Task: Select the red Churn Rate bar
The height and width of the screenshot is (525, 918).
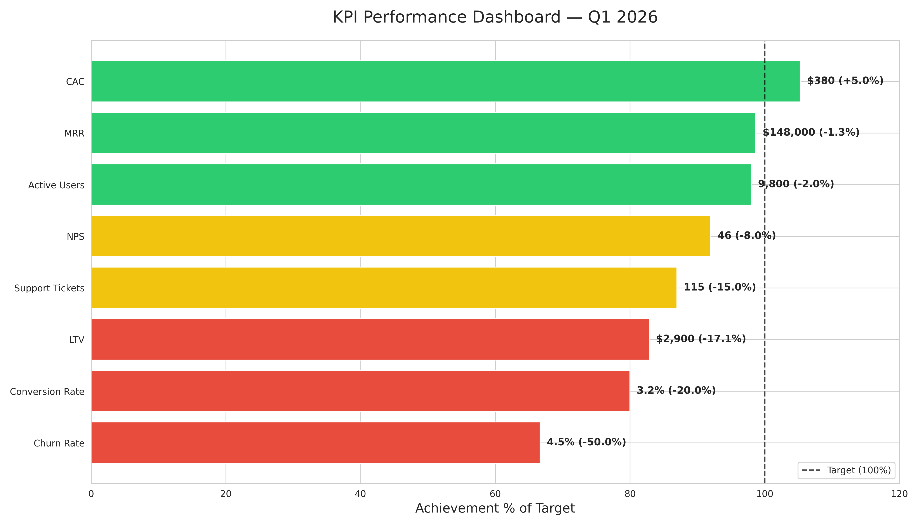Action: pos(315,443)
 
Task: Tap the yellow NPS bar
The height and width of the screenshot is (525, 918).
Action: pos(401,236)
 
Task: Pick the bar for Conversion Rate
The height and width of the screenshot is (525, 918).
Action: pos(360,391)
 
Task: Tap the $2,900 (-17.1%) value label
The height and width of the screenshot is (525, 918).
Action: pos(701,339)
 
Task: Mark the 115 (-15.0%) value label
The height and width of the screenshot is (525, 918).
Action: pos(720,287)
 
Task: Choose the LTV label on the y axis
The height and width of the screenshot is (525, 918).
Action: pos(77,340)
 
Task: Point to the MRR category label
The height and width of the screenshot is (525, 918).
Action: pos(74,134)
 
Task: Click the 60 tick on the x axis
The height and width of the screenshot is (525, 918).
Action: pos(495,494)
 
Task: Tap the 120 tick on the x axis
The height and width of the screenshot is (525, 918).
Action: pos(899,494)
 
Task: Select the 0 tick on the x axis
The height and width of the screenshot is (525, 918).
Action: pos(91,494)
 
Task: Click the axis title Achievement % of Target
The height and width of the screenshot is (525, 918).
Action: pos(495,508)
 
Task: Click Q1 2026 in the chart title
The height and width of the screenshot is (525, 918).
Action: pos(622,17)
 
